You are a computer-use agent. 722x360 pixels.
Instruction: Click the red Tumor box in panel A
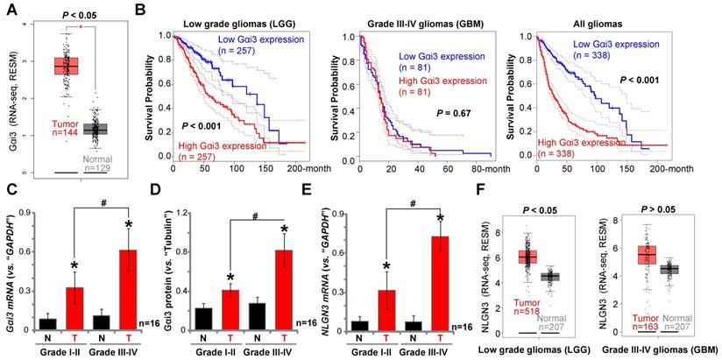coord(66,67)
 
